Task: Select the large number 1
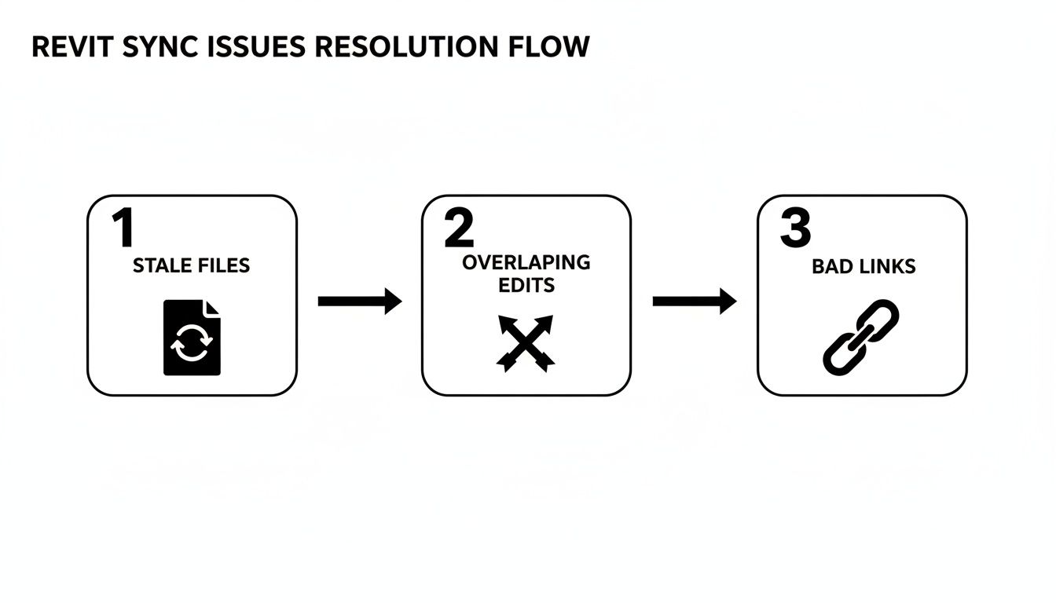(123, 228)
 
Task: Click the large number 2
(459, 228)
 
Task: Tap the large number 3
(794, 228)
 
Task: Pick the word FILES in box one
(222, 265)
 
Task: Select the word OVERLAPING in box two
(526, 263)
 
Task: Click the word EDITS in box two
(526, 285)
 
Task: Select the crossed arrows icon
(526, 342)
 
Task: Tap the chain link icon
(860, 335)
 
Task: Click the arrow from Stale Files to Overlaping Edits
(359, 301)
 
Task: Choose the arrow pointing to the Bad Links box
(694, 301)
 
